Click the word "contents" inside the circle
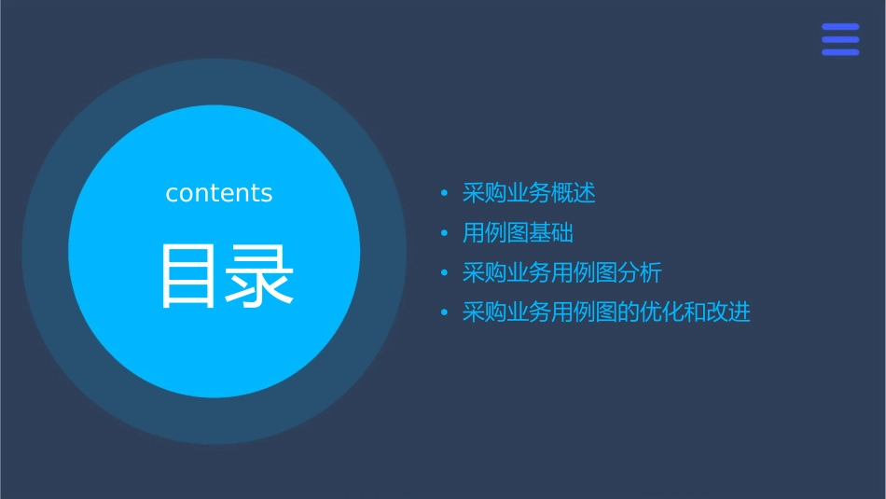pyautogui.click(x=219, y=193)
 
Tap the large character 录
pyautogui.click(x=260, y=276)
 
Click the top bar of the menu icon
pyautogui.click(x=840, y=27)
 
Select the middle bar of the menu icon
pyautogui.click(x=840, y=39)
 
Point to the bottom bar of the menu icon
pyautogui.click(x=840, y=52)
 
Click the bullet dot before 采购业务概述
pyautogui.click(x=445, y=194)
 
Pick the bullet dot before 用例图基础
pyautogui.click(x=445, y=233)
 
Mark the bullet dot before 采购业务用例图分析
pyautogui.click(x=445, y=273)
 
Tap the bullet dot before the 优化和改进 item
pyautogui.click(x=445, y=312)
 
